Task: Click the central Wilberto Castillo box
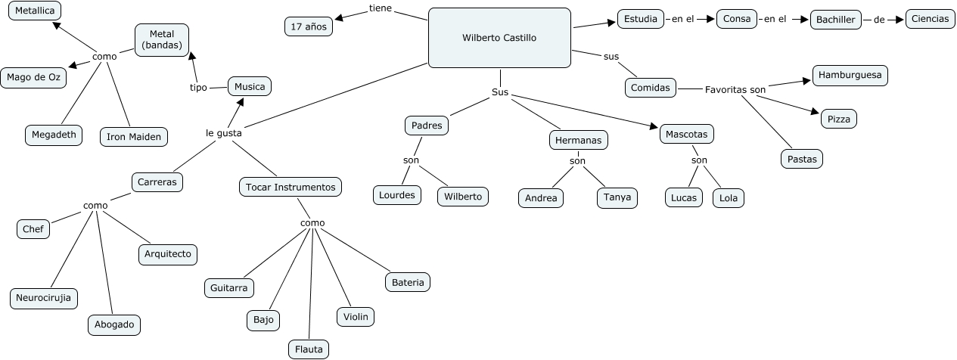(499, 38)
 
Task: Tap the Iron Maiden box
(134, 137)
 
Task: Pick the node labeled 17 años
(308, 26)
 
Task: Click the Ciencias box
(930, 20)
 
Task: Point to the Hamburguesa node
(850, 76)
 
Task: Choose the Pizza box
(838, 119)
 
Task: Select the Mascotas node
(687, 135)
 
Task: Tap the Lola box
(729, 198)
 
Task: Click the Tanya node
(617, 197)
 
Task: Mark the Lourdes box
(397, 195)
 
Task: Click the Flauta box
(309, 349)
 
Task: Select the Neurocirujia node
(44, 298)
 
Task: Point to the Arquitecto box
(168, 254)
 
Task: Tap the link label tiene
(381, 8)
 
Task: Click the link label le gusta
(224, 133)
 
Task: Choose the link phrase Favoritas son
(735, 90)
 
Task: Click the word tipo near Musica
(198, 88)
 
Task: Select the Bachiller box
(835, 20)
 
